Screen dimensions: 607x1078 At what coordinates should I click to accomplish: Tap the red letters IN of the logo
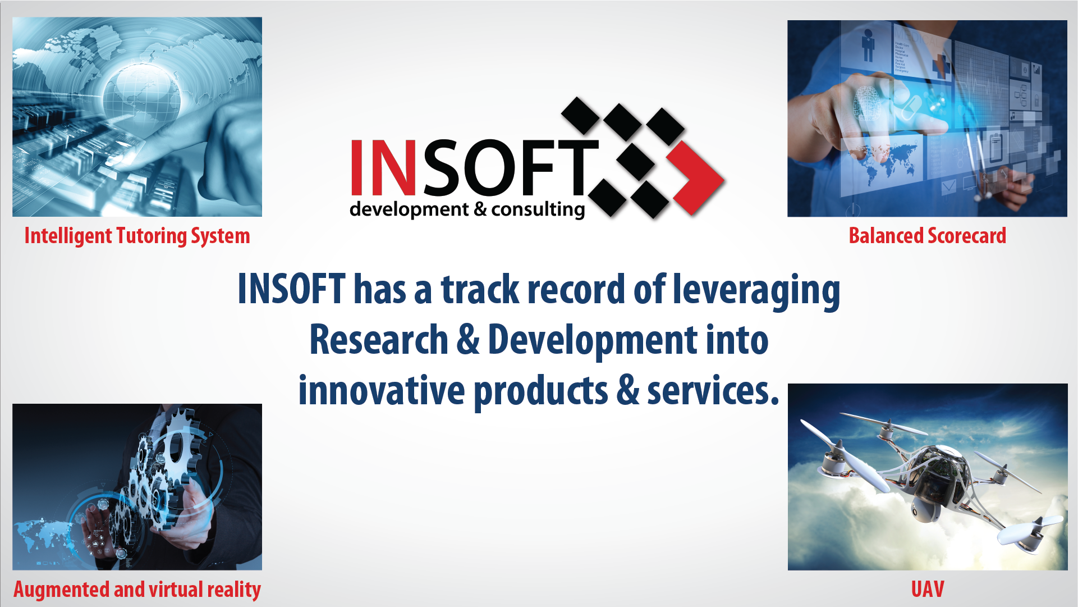383,167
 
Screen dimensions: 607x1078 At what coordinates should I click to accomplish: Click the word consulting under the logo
538,209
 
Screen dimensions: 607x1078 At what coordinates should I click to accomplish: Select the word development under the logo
409,209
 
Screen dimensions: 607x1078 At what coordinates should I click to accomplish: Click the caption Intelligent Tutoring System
137,236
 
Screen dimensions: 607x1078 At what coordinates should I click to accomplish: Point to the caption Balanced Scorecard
927,236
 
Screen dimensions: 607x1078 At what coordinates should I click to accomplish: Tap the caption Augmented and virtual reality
137,590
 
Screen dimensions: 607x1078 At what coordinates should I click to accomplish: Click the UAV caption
927,589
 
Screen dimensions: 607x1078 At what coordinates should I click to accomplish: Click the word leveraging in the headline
756,290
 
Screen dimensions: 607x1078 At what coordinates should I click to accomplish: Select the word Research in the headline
379,340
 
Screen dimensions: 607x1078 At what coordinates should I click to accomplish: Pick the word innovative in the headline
381,391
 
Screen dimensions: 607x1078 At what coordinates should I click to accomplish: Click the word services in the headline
713,391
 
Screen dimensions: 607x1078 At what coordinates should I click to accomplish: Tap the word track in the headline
480,290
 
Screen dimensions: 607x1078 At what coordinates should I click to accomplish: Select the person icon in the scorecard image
868,45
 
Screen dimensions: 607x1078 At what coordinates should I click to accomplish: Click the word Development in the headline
593,340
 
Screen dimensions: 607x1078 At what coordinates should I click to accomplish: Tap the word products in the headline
540,391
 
